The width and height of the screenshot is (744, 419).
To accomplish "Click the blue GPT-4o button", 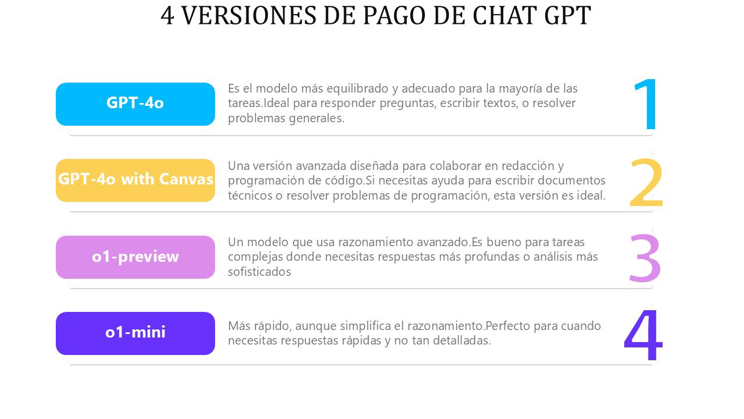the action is coord(135,104).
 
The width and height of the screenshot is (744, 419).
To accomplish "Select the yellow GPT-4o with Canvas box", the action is coord(135,180).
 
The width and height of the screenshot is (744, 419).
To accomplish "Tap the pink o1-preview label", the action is coord(135,257).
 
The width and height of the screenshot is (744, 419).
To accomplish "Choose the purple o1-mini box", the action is coord(135,333).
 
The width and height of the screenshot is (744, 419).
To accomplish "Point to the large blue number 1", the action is coord(646,104).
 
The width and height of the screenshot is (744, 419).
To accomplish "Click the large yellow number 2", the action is coord(646,182).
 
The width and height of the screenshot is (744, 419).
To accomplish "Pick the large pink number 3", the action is coord(645,258).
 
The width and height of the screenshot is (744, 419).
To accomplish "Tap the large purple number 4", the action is coord(643,335).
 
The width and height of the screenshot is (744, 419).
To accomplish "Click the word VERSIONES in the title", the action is coord(249,16).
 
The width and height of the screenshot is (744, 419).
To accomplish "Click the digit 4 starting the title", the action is coord(167,16).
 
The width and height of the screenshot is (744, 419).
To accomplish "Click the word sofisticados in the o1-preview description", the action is coord(259,272).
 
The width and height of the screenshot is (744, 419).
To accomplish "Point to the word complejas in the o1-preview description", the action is coord(255,257).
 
